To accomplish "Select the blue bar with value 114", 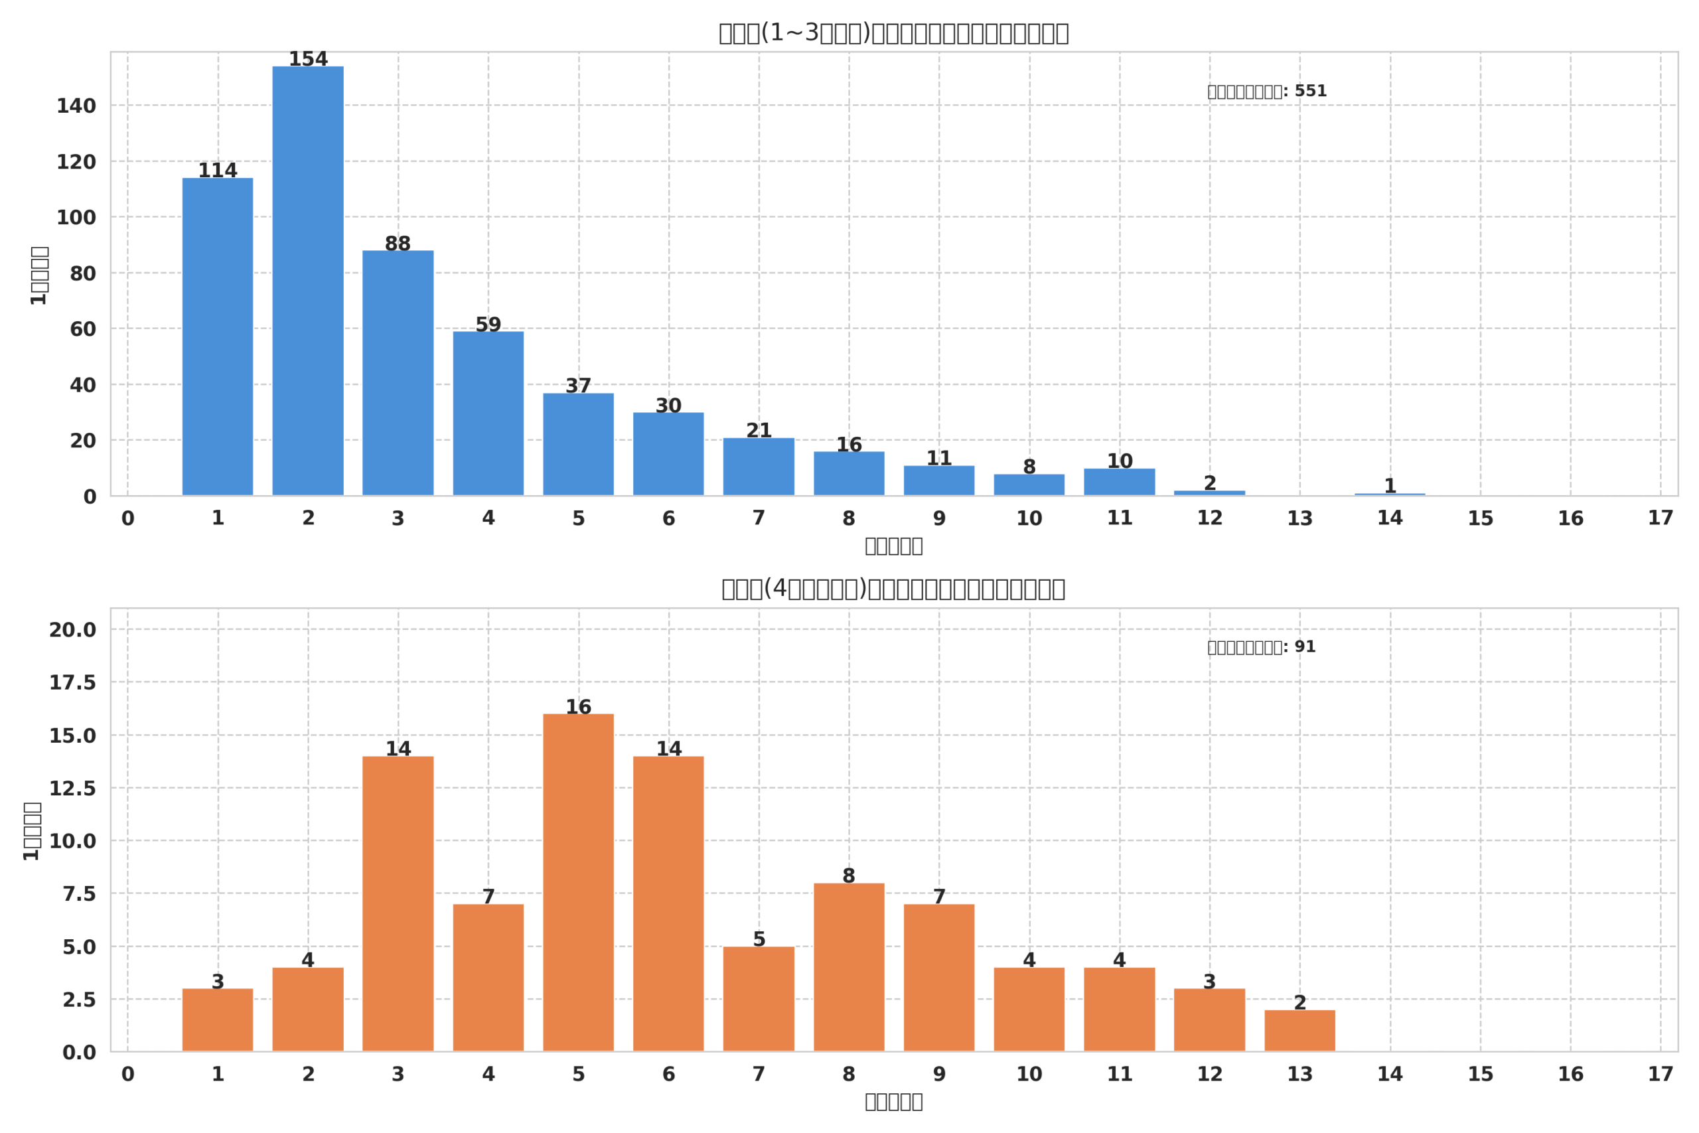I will [x=218, y=337].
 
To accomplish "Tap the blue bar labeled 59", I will [x=488, y=414].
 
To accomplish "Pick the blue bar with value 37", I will [x=578, y=445].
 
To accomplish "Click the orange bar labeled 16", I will [x=578, y=882].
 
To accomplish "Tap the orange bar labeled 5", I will [x=759, y=999].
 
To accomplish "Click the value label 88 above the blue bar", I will [x=398, y=244].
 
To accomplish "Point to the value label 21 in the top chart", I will [x=759, y=431].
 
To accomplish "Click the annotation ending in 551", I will [x=1267, y=92].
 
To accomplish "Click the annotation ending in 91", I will [x=1261, y=647].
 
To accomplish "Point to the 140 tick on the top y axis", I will [x=76, y=106].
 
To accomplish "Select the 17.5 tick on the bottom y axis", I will [x=72, y=683].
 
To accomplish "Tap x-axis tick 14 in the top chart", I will [x=1390, y=518].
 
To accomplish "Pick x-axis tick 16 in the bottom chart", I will [x=1570, y=1075].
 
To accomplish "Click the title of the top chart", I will [x=893, y=33].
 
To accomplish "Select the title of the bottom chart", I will [x=893, y=589].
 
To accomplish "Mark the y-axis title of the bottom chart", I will [x=32, y=831].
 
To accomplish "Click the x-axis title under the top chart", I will [x=893, y=546].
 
